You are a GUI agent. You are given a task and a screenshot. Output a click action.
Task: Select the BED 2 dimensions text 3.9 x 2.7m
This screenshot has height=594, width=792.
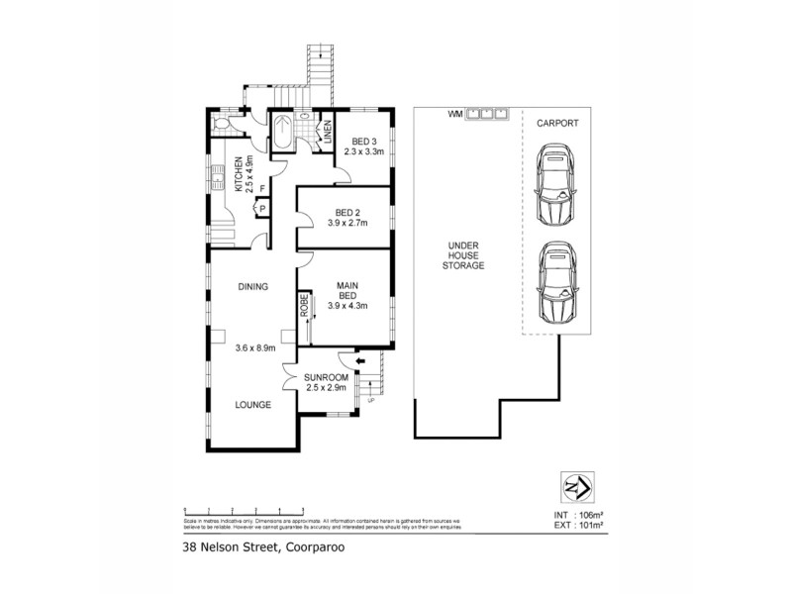[347, 223]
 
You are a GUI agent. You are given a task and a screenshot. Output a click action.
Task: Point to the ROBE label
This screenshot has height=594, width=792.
[305, 305]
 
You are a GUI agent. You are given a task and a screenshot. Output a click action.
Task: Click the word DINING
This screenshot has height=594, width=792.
[253, 287]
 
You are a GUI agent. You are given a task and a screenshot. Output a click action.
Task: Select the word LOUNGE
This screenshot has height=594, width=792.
[253, 405]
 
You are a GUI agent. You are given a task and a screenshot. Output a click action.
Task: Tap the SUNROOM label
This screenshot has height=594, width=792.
[326, 378]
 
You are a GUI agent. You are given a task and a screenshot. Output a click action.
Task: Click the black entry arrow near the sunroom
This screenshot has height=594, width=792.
[359, 363]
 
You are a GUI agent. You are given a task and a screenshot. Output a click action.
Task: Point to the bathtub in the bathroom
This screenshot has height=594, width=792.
[280, 132]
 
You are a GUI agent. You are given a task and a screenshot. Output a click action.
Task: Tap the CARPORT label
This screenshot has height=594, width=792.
[556, 124]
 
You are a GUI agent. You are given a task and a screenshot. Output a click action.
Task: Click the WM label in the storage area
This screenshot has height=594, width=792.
[454, 113]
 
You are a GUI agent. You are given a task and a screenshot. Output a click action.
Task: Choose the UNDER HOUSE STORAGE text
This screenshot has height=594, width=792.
[463, 254]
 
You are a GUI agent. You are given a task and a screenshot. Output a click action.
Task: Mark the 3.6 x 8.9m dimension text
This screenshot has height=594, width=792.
[255, 347]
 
